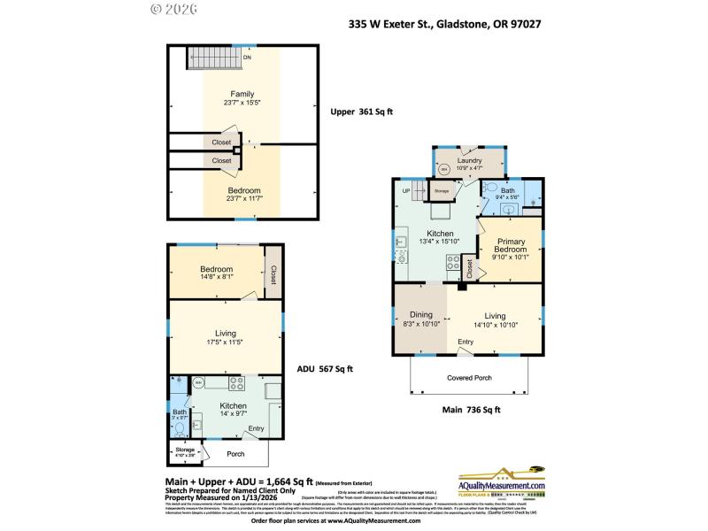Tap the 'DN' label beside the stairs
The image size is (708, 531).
[248, 59]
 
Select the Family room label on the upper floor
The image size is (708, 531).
[242, 94]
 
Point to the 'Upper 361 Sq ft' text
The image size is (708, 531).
[361, 112]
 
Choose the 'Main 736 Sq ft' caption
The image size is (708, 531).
[472, 409]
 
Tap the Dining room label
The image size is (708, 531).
[420, 314]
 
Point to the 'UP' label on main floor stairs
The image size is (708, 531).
[406, 190]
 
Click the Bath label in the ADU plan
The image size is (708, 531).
[179, 412]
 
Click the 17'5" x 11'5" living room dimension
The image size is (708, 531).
[225, 342]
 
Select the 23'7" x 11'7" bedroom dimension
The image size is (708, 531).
[243, 199]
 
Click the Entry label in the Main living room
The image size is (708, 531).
[465, 342]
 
